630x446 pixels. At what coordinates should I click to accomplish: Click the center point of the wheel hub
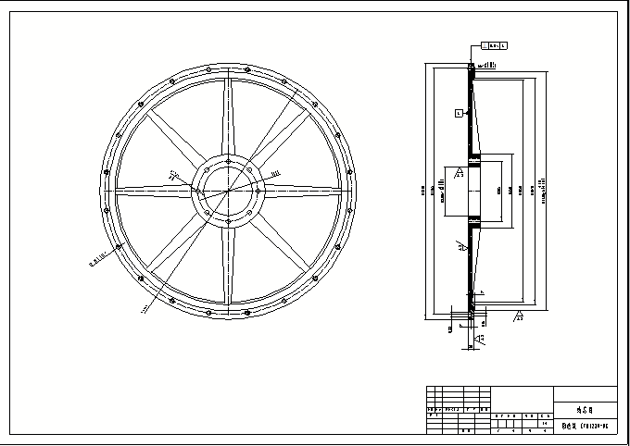click(228, 191)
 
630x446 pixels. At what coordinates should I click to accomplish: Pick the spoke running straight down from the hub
click(228, 268)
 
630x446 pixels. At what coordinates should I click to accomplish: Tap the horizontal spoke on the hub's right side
click(306, 191)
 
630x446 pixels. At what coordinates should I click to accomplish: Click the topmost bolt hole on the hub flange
click(228, 159)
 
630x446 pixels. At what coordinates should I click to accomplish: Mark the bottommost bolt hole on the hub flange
click(228, 222)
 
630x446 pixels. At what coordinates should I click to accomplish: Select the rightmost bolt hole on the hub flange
click(259, 191)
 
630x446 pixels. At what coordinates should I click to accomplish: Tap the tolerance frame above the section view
click(497, 44)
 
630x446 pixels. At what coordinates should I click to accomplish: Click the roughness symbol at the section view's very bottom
click(477, 341)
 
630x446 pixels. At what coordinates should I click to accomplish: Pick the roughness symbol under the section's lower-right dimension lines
click(518, 317)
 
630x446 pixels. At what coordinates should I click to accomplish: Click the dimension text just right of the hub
click(275, 172)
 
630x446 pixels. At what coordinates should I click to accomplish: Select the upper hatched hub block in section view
click(473, 159)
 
